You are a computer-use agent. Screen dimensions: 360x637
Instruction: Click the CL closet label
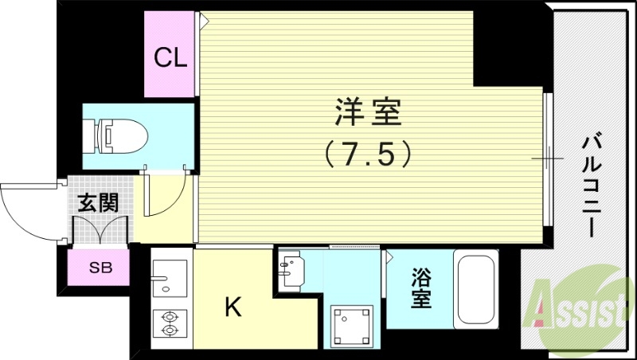click(170, 57)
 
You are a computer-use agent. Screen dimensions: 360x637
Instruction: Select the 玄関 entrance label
click(97, 202)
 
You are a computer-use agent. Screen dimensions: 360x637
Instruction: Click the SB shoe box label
click(100, 268)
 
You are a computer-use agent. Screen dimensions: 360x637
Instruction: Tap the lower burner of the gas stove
click(170, 328)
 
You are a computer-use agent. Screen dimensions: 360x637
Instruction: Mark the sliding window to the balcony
click(547, 158)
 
